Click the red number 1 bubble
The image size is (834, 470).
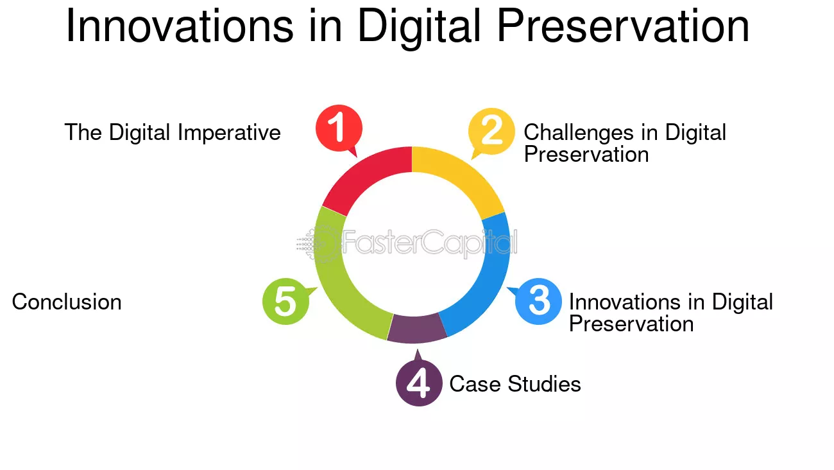tap(339, 128)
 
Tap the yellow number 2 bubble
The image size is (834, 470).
tap(491, 131)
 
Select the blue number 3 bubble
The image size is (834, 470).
tap(538, 301)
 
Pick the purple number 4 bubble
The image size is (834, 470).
tap(419, 383)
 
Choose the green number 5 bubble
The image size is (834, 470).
tap(286, 301)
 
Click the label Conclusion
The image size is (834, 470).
tap(67, 302)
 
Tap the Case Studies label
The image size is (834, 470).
tap(515, 384)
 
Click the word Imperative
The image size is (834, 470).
tap(229, 133)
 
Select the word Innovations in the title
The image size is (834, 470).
tap(180, 26)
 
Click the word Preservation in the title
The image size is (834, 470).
tap(622, 26)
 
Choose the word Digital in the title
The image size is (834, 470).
tap(420, 28)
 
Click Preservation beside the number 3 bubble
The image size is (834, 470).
tap(631, 324)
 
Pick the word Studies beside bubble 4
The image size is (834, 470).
tap(544, 384)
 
